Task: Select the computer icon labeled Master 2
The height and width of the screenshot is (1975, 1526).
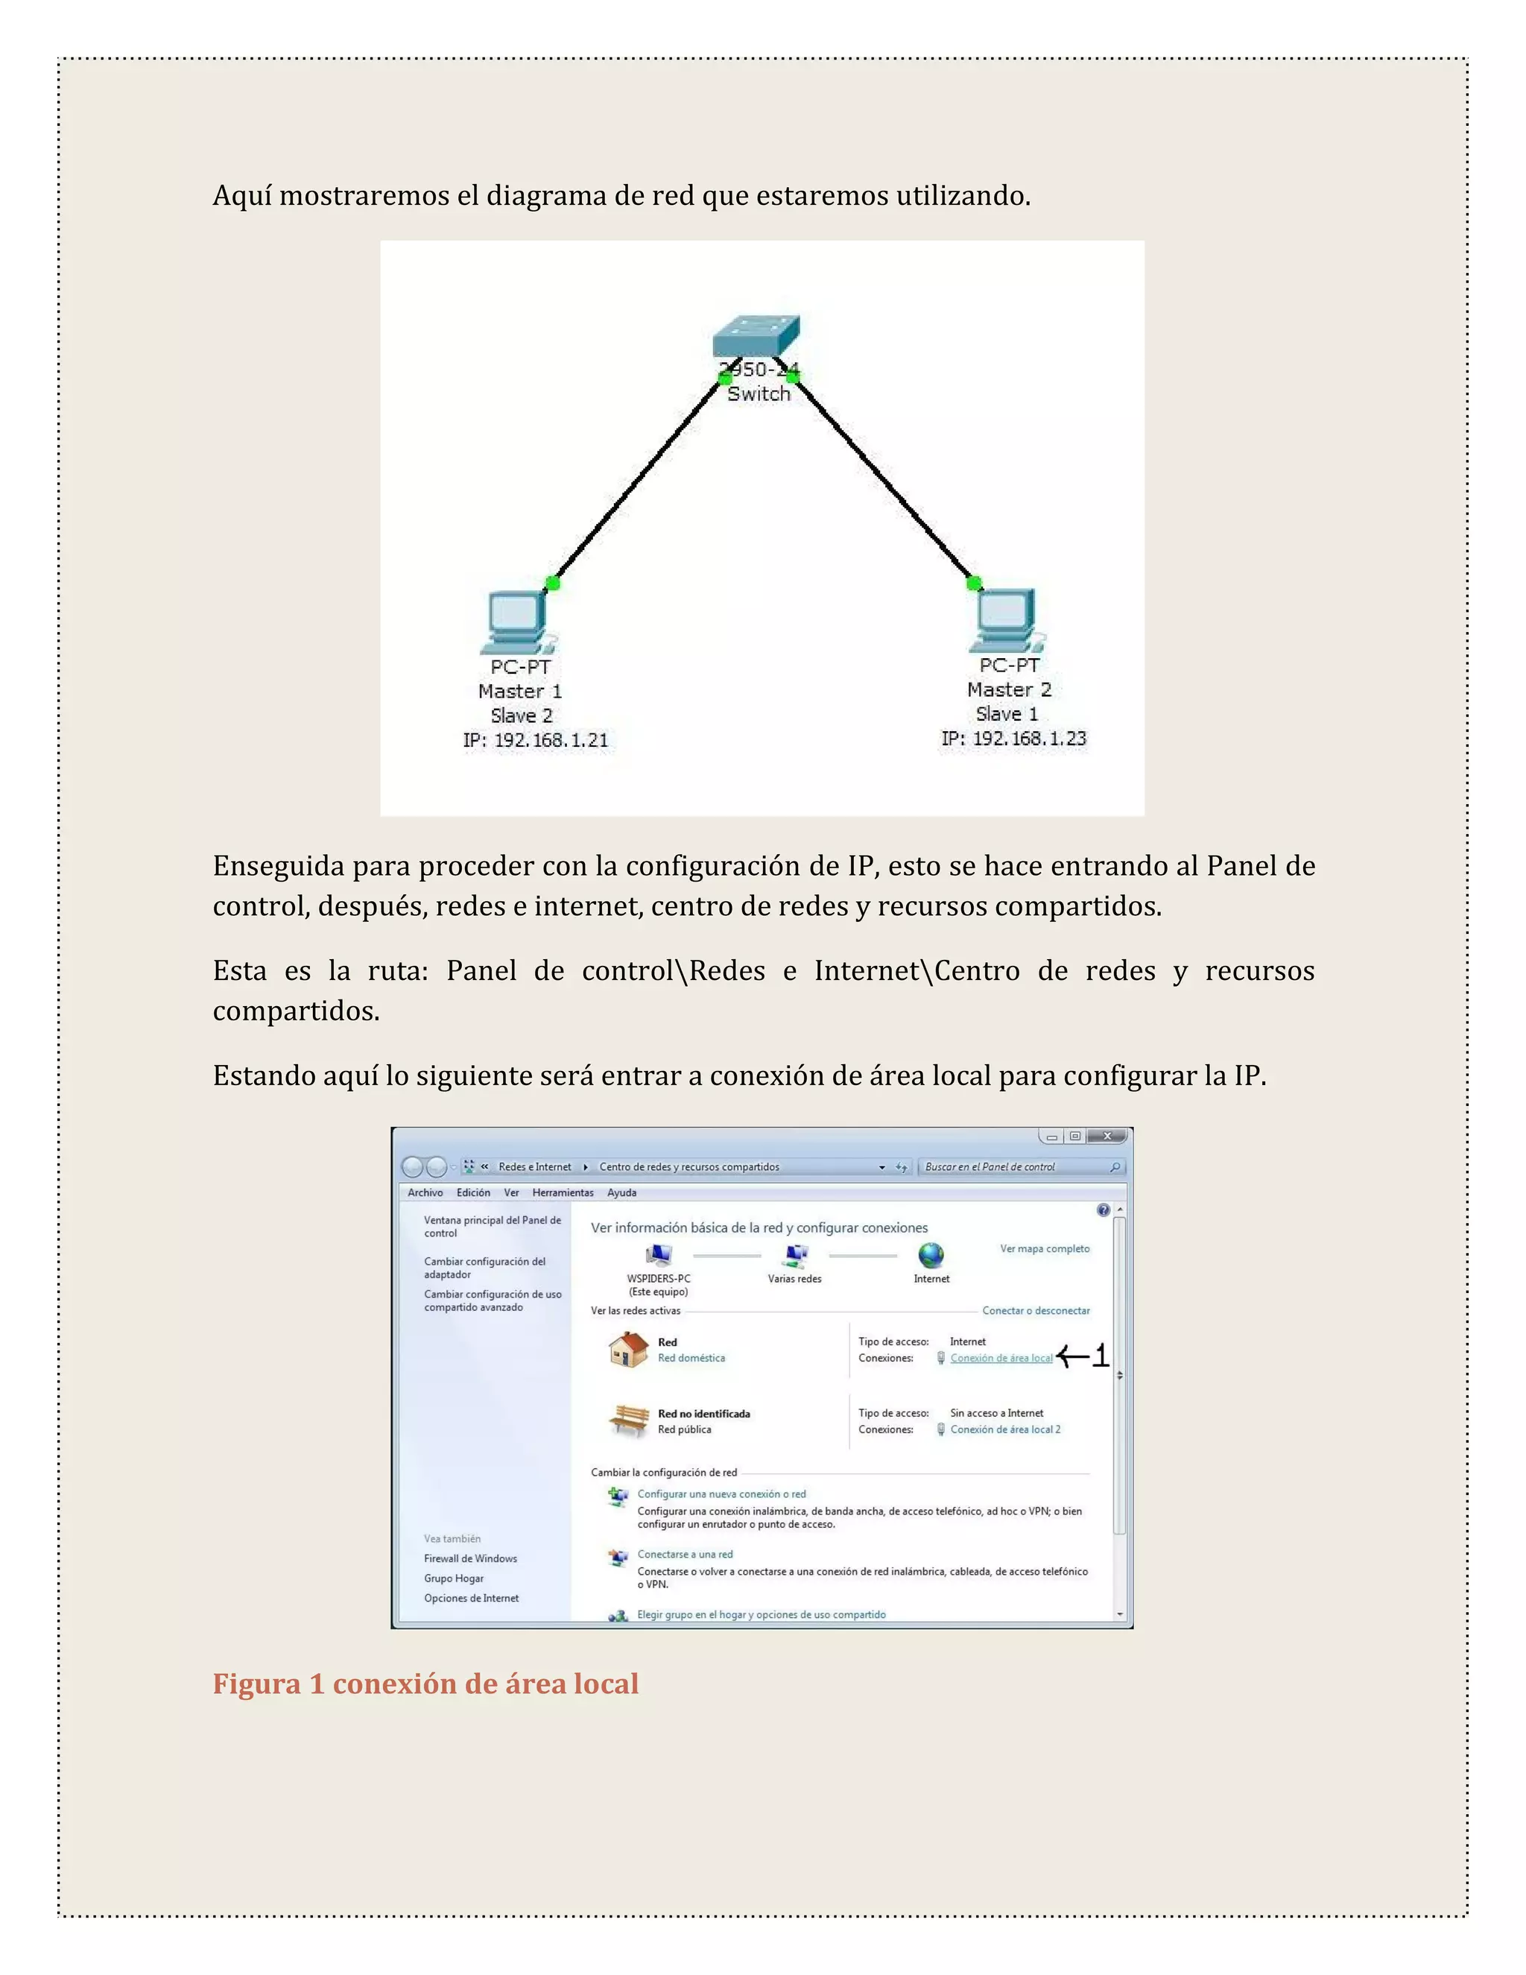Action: tap(1005, 619)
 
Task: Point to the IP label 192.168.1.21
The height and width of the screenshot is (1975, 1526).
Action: tap(535, 741)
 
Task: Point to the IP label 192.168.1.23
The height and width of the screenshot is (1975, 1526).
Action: tap(1013, 739)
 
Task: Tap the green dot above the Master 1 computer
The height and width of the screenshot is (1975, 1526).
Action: tap(552, 584)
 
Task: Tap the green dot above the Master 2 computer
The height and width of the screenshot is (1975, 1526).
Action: tap(974, 584)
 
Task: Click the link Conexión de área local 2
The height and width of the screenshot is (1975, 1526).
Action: tap(1005, 1429)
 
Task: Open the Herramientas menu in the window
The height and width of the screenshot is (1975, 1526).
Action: tap(563, 1192)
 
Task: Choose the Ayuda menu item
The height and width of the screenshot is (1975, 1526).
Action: tap(621, 1192)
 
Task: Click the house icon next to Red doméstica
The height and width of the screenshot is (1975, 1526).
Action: tap(628, 1349)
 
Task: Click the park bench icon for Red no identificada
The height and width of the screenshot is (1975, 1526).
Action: tap(628, 1421)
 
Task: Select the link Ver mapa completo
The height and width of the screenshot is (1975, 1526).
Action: tap(1044, 1249)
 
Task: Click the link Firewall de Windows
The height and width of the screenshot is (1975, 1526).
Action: tap(470, 1558)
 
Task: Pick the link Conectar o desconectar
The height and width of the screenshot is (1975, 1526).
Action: tap(1036, 1310)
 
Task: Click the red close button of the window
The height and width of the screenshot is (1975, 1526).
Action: tap(1106, 1137)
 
